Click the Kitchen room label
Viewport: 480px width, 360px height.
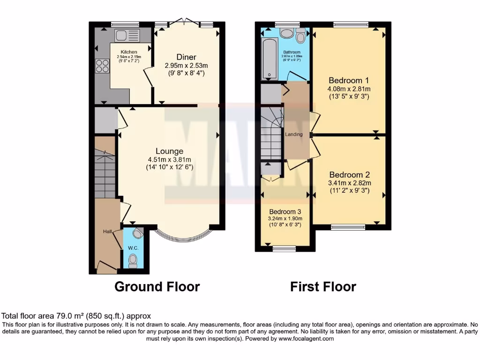pos(129,52)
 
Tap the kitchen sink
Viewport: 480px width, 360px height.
pos(127,35)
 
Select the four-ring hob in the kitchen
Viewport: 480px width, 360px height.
pos(102,66)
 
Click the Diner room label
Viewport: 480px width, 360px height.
pos(186,57)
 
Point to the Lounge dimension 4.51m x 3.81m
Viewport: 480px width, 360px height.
pos(170,159)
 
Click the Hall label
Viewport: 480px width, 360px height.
pos(108,232)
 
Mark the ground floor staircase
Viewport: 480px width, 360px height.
pos(105,173)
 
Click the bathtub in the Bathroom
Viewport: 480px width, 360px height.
pos(269,59)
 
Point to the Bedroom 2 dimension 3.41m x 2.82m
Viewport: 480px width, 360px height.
pos(349,183)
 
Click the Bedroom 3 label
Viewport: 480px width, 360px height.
pos(285,211)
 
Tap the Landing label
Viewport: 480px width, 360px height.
pos(294,135)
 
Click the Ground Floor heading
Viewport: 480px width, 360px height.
pos(157,286)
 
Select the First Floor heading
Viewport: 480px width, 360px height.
pos(323,286)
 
